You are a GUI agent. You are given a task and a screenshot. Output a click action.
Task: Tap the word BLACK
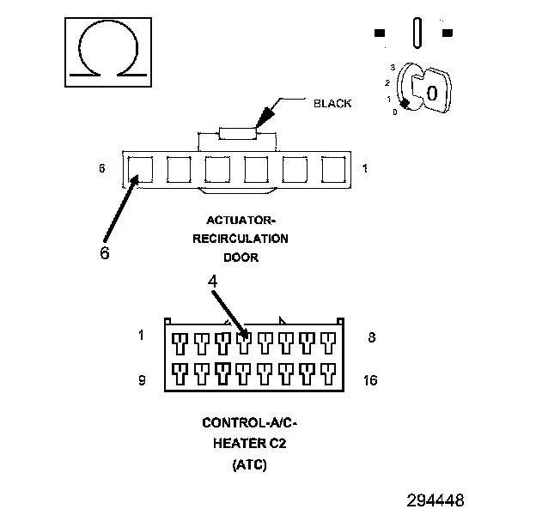332,103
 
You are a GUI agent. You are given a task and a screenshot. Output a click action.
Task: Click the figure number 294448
435,500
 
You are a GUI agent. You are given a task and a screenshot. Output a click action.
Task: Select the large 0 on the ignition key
432,92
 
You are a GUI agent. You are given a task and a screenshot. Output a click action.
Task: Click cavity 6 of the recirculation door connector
139,169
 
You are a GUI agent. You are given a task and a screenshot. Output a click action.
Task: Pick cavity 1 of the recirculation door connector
333,169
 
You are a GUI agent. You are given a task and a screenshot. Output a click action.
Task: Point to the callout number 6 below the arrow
104,254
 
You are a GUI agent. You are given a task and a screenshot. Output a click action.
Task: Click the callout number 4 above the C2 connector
212,281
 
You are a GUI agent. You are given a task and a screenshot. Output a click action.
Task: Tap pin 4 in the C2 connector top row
245,343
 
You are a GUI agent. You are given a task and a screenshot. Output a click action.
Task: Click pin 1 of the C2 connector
180,343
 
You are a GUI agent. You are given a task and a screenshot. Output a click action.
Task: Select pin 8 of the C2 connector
327,343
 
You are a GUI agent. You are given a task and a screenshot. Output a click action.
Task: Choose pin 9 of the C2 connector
180,373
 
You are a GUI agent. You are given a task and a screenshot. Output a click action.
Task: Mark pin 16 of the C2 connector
327,373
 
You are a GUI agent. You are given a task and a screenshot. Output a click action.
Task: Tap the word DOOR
241,257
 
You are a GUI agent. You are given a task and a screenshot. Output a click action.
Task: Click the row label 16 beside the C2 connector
371,379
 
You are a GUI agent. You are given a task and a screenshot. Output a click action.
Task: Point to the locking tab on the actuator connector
237,132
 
